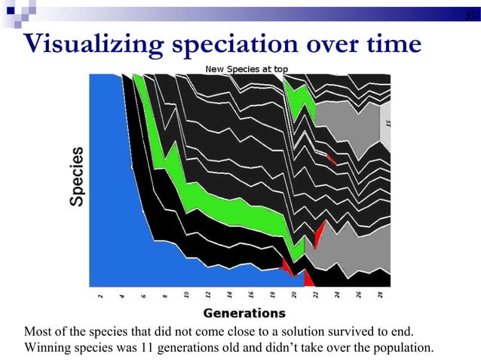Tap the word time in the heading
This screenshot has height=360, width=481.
click(x=393, y=44)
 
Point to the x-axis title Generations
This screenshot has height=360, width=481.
click(x=245, y=313)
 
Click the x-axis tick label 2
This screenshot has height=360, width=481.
click(x=100, y=295)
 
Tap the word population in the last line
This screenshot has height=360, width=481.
click(x=405, y=347)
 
